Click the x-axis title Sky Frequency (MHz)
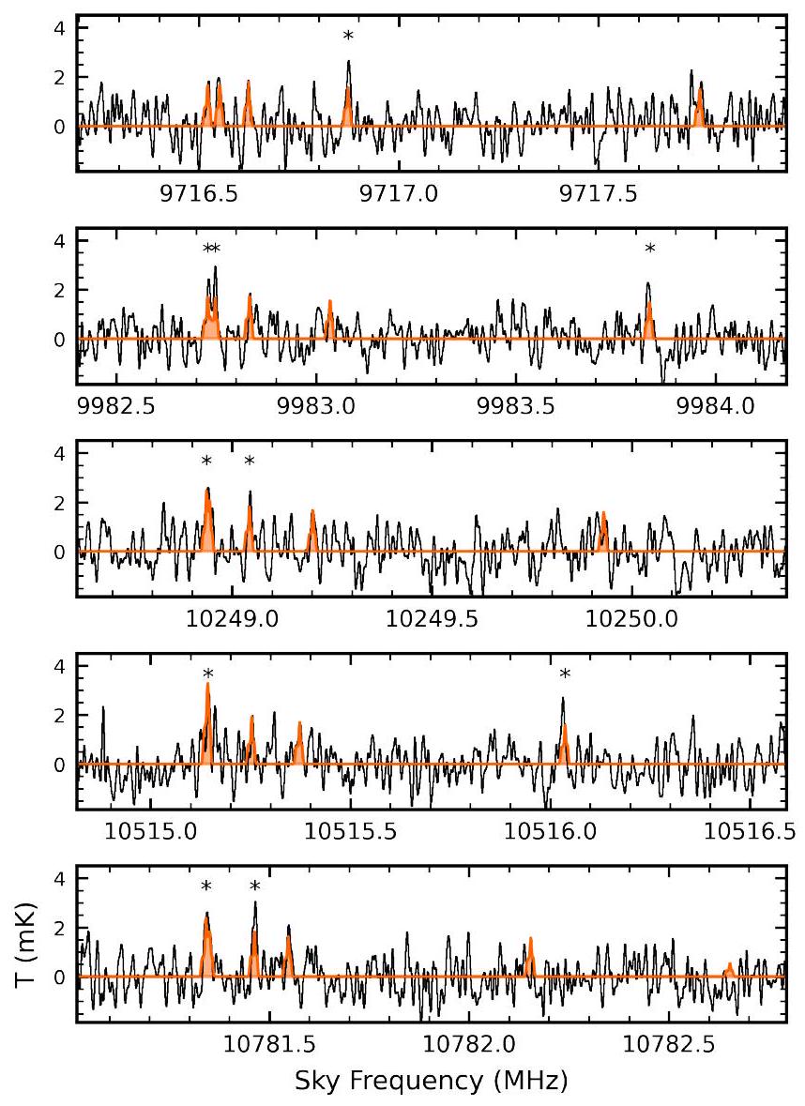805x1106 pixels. (431, 1081)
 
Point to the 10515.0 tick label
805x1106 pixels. (153, 832)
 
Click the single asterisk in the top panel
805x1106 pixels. (348, 38)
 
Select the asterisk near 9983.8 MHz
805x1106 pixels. (649, 250)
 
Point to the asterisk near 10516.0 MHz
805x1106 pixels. (565, 674)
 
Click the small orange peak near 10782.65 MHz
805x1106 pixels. (729, 967)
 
